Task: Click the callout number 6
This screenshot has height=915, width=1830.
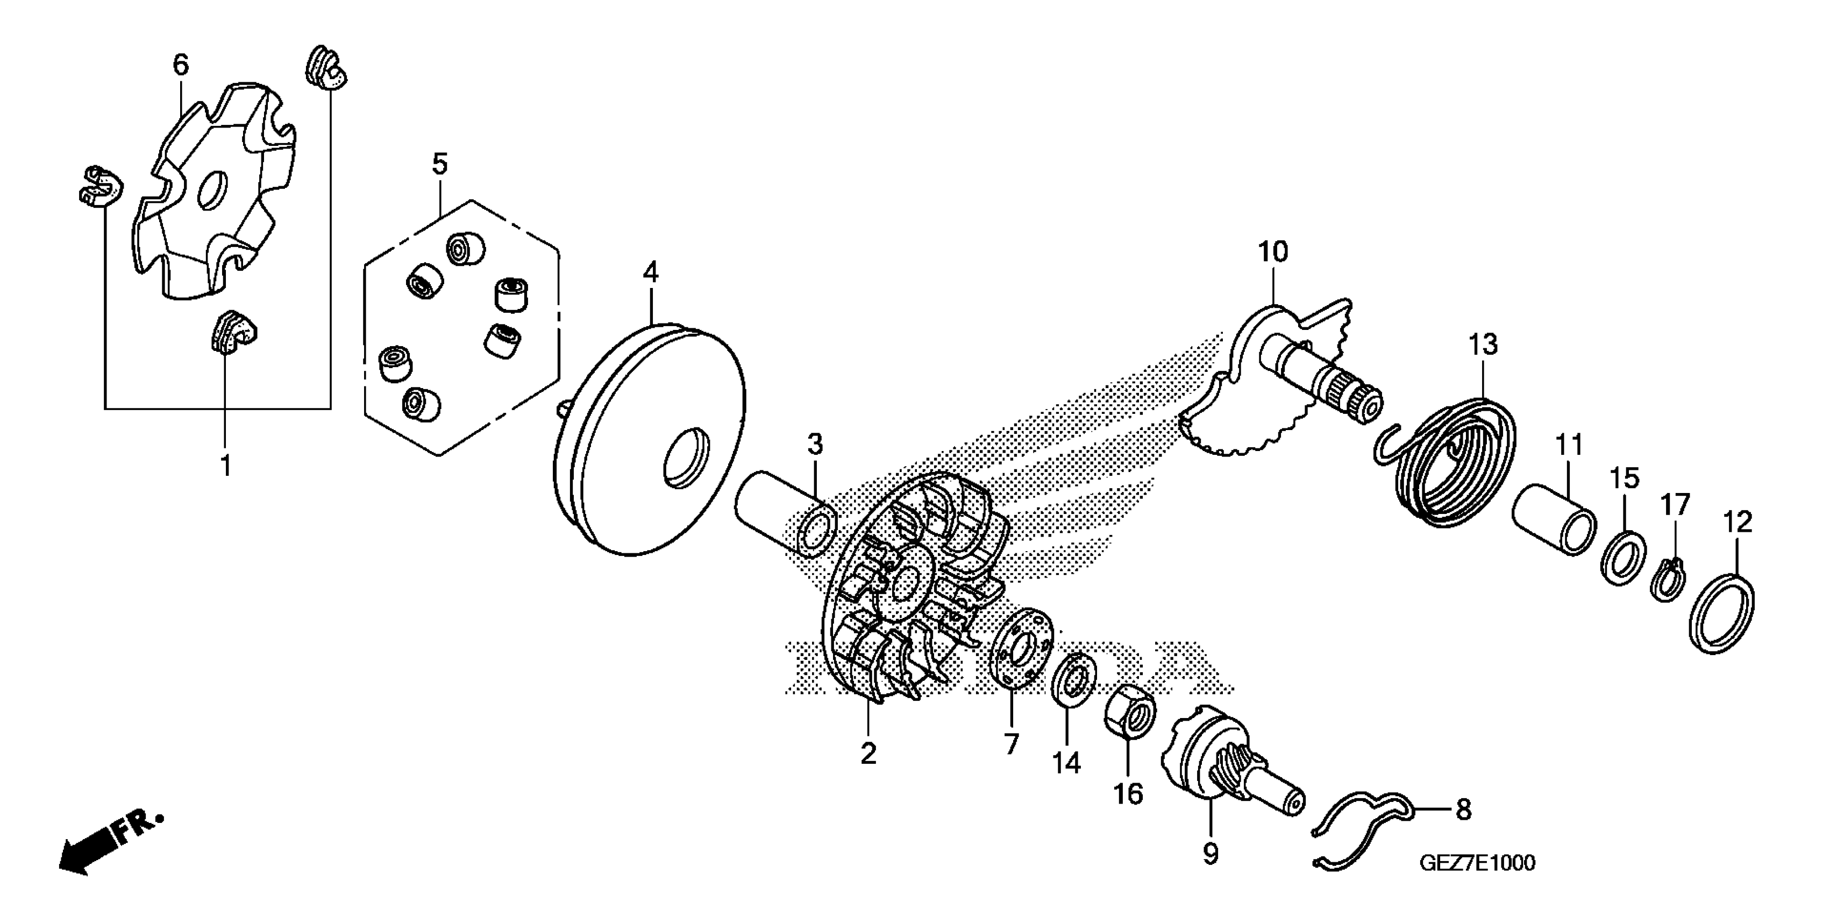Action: (x=181, y=66)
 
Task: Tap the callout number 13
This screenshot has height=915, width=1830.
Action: (x=1483, y=345)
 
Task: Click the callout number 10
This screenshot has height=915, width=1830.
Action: (x=1272, y=252)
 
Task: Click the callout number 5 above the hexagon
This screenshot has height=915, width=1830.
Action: (x=440, y=164)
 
